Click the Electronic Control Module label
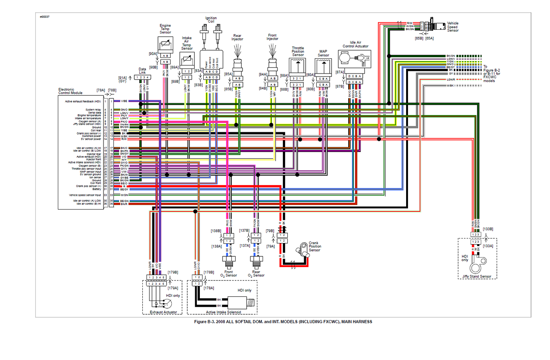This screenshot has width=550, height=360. pyautogui.click(x=70, y=91)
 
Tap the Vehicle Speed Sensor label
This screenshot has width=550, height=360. pyautogui.click(x=453, y=27)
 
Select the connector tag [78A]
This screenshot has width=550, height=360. pyautogui.click(x=100, y=90)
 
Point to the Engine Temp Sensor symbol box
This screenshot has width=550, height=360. pyautogui.click(x=165, y=45)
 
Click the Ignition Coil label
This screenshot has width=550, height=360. pyautogui.click(x=211, y=20)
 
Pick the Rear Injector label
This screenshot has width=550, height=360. pyautogui.click(x=237, y=37)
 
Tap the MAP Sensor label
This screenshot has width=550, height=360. pyautogui.click(x=323, y=53)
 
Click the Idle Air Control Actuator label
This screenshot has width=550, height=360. pyautogui.click(x=356, y=44)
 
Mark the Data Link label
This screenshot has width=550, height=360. pyautogui.click(x=142, y=71)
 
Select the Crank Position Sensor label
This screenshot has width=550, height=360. pyautogui.click(x=315, y=246)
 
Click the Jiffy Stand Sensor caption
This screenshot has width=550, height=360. pyautogui.click(x=477, y=277)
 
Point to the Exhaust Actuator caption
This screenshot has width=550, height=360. pyautogui.click(x=163, y=312)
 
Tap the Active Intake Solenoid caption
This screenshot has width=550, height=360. pyautogui.click(x=223, y=312)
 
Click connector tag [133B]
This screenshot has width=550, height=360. pyautogui.click(x=488, y=229)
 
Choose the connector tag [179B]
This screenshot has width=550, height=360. pyautogui.click(x=173, y=272)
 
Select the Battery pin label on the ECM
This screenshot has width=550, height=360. pyautogui.click(x=97, y=189)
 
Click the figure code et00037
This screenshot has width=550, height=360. pyautogui.click(x=45, y=17)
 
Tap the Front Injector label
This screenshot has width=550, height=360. pyautogui.click(x=272, y=37)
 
